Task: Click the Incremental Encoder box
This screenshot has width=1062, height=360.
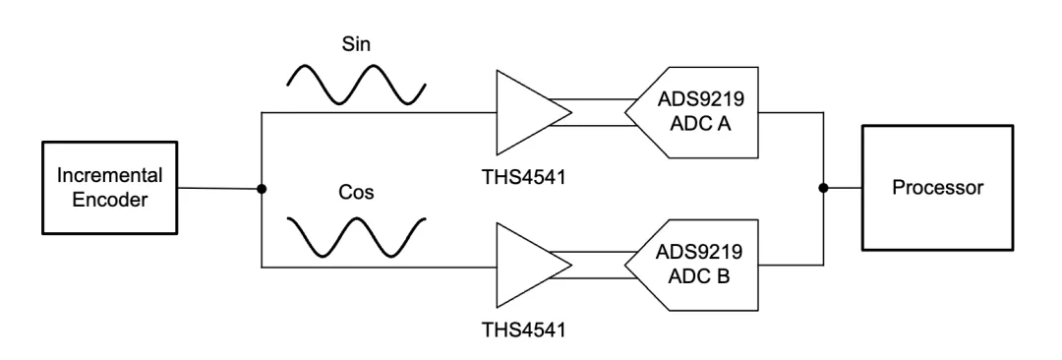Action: [x=110, y=188]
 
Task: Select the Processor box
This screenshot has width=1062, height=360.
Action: [x=937, y=188]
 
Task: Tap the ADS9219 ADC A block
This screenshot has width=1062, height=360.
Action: [x=691, y=112]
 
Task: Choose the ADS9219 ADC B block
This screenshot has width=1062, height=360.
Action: [x=691, y=266]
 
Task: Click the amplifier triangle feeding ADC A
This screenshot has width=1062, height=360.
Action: [x=532, y=112]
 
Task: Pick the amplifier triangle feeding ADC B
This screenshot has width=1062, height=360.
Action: [x=532, y=266]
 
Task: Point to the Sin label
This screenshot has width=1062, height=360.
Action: [x=356, y=44]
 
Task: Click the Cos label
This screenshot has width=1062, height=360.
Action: [x=356, y=192]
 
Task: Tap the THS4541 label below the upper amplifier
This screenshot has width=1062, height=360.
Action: [x=523, y=177]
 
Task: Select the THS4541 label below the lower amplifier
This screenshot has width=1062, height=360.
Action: [x=523, y=330]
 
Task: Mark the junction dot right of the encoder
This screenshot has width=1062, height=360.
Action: [x=262, y=189]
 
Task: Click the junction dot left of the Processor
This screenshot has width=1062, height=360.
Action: [x=823, y=188]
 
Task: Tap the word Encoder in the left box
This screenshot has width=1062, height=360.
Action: [x=110, y=200]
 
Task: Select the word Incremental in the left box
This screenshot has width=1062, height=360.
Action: [x=110, y=176]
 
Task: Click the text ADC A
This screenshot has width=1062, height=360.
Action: [x=700, y=124]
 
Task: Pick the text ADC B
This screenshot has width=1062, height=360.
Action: [x=699, y=276]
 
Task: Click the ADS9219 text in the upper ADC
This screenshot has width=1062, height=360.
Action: [x=700, y=99]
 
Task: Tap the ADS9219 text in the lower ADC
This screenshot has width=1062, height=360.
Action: [x=699, y=252]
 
